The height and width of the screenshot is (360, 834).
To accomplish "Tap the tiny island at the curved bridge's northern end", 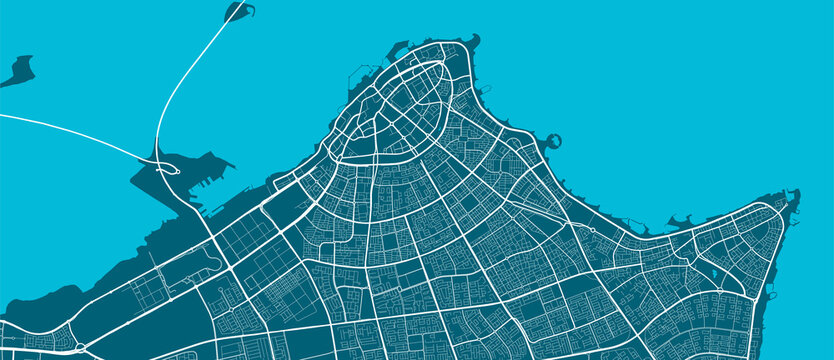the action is (237, 12).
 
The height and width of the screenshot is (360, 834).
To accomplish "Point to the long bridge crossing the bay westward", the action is (70, 131).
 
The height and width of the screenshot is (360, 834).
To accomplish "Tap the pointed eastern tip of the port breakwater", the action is (232, 156).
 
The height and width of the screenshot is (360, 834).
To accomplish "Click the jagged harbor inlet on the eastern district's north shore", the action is (686, 221).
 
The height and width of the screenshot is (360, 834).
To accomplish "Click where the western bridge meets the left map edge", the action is (3, 117).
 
